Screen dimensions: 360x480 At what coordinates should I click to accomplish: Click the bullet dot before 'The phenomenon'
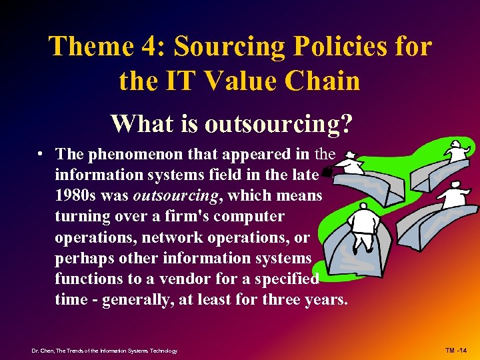41,153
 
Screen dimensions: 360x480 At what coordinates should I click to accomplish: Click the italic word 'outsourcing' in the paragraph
173,196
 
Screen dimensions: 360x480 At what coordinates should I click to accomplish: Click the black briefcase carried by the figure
327,173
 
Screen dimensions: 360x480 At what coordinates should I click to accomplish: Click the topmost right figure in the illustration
456,151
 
